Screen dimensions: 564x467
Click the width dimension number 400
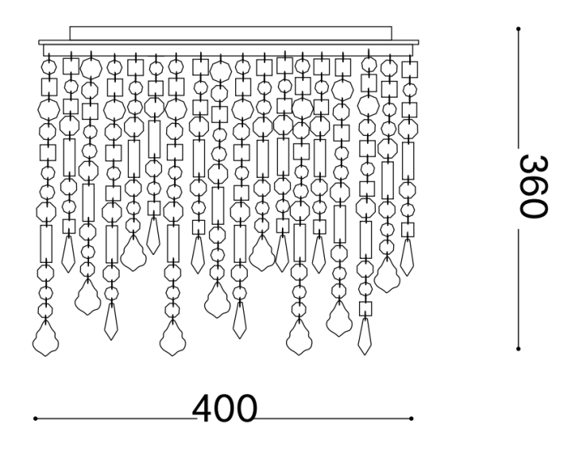click(x=225, y=409)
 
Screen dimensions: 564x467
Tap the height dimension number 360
click(x=534, y=187)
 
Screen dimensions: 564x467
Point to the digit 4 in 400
click(x=203, y=409)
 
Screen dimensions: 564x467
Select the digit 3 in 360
click(x=534, y=165)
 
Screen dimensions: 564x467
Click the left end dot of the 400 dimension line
click(x=35, y=419)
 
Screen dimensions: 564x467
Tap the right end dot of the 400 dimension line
click(x=411, y=419)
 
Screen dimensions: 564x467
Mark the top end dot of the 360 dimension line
click(x=518, y=29)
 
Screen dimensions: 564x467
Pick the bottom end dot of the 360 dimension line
click(x=518, y=349)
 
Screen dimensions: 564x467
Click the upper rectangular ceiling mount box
click(x=230, y=33)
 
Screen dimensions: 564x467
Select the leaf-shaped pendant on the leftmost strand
click(x=45, y=338)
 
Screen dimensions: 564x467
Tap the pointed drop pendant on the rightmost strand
click(x=407, y=257)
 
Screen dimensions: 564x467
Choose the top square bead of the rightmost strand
click(x=410, y=69)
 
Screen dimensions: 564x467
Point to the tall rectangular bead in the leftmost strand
click(x=46, y=244)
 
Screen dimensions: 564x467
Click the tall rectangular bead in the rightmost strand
click(x=408, y=161)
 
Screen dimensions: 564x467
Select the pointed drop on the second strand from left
click(x=68, y=254)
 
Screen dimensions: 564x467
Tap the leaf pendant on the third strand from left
click(x=87, y=297)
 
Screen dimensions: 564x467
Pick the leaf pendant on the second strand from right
click(x=387, y=274)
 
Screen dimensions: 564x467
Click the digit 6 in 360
click(x=534, y=187)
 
